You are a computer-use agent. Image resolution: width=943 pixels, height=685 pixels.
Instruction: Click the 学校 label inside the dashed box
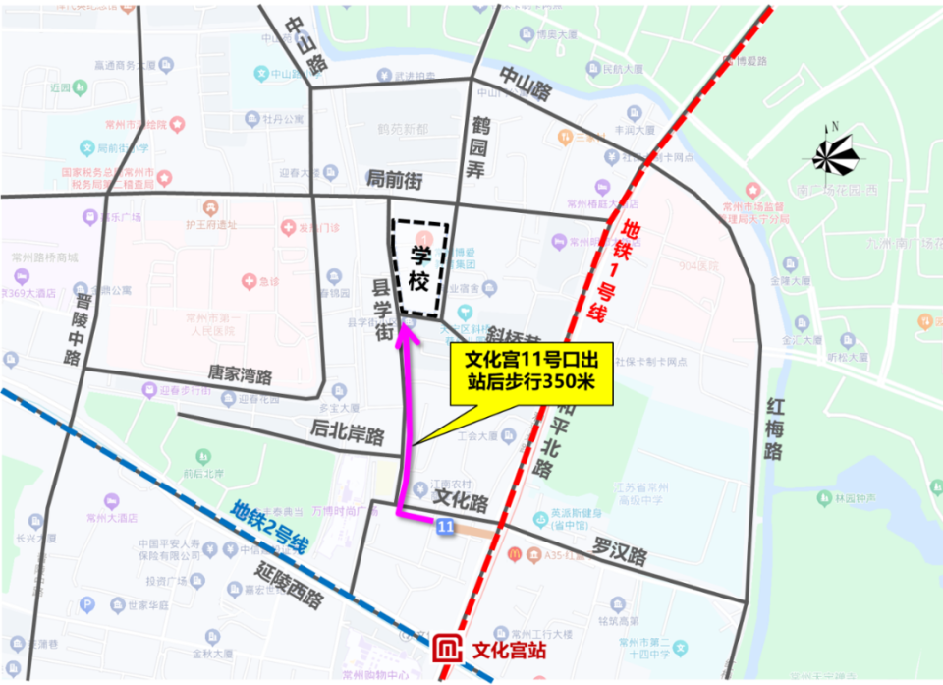420,267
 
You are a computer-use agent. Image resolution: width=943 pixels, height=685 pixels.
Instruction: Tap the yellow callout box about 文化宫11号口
531,373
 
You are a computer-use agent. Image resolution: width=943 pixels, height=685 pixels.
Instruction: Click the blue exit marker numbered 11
445,529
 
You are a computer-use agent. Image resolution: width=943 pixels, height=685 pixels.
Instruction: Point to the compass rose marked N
835,154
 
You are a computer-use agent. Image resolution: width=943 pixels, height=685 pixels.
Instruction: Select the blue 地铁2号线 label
270,527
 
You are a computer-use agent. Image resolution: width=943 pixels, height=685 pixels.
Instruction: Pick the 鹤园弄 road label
479,147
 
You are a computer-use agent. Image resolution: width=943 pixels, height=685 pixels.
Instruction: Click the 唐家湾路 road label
240,374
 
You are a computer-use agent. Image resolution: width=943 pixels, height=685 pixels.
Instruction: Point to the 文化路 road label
460,502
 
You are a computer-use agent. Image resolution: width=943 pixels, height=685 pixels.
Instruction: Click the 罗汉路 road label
619,551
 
